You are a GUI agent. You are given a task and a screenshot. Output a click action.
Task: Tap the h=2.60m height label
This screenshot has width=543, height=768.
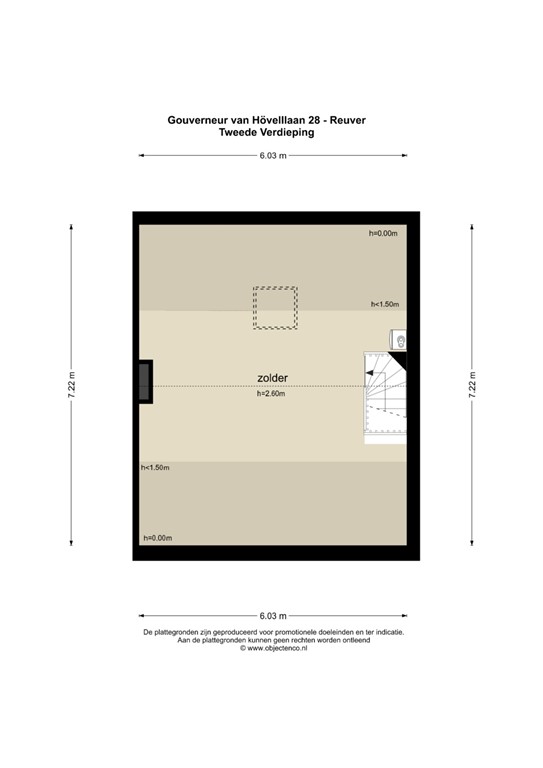(271, 394)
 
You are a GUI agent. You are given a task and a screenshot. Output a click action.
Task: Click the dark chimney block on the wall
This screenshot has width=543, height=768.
(146, 381)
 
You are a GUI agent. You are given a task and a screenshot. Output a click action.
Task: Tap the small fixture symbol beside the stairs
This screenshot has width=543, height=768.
(402, 342)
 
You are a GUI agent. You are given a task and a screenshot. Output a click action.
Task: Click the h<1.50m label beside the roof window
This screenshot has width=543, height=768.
(385, 304)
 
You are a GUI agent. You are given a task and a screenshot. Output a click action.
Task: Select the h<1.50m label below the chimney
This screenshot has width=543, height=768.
(155, 468)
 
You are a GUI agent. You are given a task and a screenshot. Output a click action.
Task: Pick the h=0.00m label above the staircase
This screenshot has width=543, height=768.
(383, 233)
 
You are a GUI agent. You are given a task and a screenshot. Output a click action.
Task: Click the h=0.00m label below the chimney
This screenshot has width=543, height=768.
(158, 538)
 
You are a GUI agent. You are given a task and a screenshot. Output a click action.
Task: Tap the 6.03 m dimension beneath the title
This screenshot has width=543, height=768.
(272, 155)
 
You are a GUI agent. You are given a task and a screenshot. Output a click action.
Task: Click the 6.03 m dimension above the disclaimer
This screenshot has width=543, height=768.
(272, 615)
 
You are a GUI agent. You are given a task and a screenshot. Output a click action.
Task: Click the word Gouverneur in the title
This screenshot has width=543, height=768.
(197, 120)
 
